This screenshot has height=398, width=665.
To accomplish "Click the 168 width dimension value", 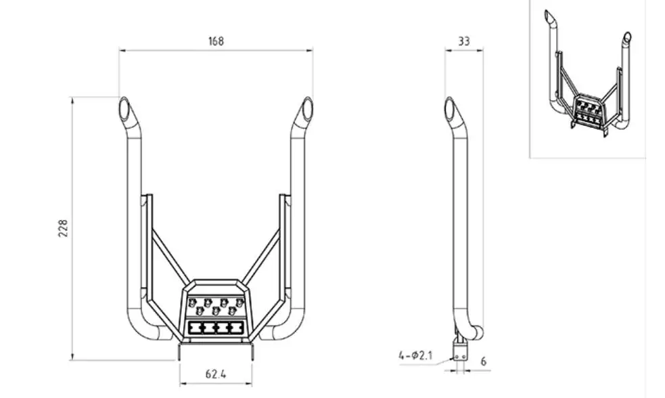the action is [x=216, y=41].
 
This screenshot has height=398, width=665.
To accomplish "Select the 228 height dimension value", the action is [x=63, y=228].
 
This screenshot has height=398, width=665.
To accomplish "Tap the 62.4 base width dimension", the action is [x=216, y=374].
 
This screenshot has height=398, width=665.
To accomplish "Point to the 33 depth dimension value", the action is [x=464, y=41].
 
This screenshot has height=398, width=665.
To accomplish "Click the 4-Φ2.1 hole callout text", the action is [x=415, y=355].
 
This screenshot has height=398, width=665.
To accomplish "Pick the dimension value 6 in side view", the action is [x=484, y=361].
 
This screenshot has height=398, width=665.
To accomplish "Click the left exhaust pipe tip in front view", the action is [x=124, y=108].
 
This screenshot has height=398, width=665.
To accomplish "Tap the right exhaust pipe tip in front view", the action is [x=307, y=108].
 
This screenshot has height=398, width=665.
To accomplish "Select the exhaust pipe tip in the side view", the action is [x=450, y=108].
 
